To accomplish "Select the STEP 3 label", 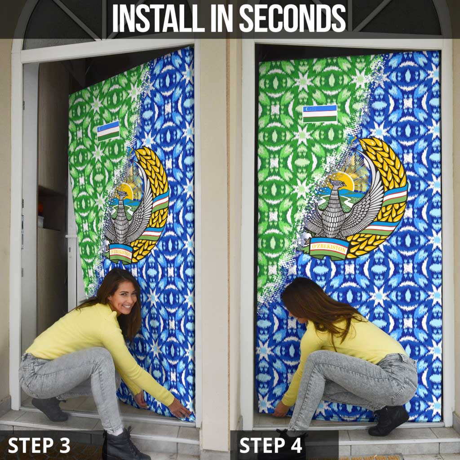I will (39, 445).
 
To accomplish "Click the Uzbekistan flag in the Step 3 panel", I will (108, 131).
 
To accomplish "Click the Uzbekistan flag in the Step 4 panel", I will (319, 114).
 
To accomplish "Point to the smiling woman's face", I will (122, 297).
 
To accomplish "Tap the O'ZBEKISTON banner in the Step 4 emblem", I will (328, 248).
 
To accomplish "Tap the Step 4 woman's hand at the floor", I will (281, 409).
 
